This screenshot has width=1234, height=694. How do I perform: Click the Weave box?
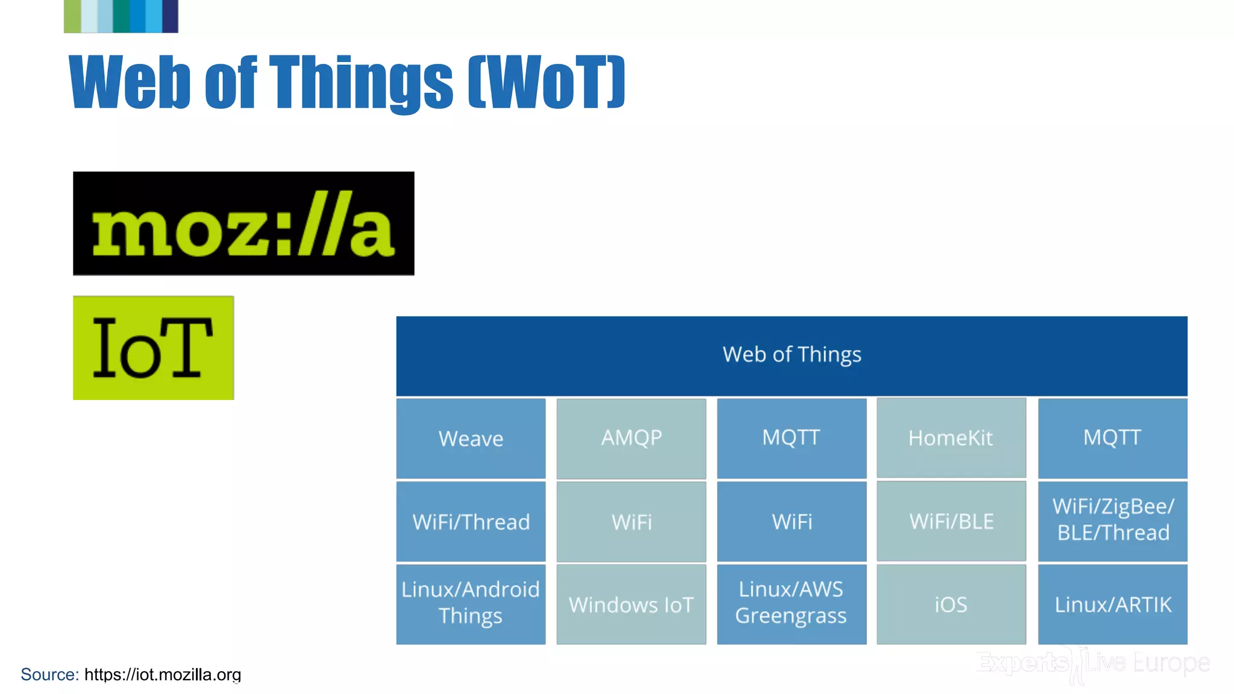(x=471, y=438)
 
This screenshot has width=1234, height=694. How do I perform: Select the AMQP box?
(x=631, y=438)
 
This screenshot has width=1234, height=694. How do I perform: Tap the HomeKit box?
(x=951, y=437)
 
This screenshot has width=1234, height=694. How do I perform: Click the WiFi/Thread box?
(x=471, y=521)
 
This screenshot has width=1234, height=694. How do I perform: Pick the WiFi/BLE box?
(x=951, y=521)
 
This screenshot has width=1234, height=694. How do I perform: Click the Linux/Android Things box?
(x=471, y=604)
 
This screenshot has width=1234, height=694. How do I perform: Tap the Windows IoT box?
(x=631, y=604)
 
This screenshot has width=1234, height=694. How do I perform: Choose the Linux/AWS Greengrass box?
(x=791, y=604)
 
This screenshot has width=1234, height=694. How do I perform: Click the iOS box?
(x=951, y=604)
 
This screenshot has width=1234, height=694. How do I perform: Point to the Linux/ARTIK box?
(x=1112, y=604)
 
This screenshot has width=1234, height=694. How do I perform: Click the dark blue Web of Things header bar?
(x=791, y=355)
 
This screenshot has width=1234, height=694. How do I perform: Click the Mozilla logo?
(x=243, y=224)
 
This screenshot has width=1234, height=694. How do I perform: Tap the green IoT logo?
(x=153, y=348)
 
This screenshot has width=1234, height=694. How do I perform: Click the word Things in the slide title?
(x=360, y=83)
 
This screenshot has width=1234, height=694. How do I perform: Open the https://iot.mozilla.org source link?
(x=163, y=674)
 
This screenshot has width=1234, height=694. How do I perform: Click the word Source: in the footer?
(x=49, y=674)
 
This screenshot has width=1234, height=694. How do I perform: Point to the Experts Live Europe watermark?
(x=1092, y=663)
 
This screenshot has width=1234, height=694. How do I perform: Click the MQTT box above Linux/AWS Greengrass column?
(x=791, y=438)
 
